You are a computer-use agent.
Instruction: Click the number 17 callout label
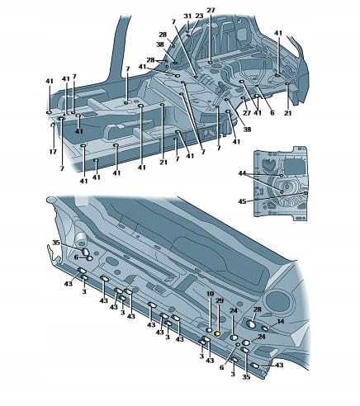pyautogui.click(x=53, y=152)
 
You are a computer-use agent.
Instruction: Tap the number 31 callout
pyautogui.click(x=187, y=17)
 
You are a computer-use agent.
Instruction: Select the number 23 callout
pyautogui.click(x=199, y=17)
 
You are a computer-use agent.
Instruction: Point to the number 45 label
pyautogui.click(x=242, y=201)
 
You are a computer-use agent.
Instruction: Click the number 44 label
pyautogui.click(x=242, y=173)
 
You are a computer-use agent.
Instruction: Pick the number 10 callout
pyautogui.click(x=210, y=294)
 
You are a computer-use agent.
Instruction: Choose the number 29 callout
pyautogui.click(x=220, y=301)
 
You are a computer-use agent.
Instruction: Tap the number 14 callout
pyautogui.click(x=281, y=322)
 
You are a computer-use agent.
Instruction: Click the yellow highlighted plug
pyautogui.click(x=217, y=334)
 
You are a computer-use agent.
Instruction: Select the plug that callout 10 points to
pyautogui.click(x=210, y=330)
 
